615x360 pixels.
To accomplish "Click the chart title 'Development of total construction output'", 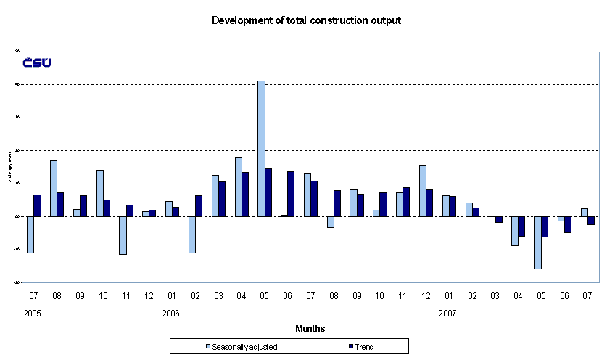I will pos(306,20).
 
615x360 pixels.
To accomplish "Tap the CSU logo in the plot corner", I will pos(37,63).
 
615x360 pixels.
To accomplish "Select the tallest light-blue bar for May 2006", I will pos(261,148).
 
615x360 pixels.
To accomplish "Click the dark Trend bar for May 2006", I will pos(268,192).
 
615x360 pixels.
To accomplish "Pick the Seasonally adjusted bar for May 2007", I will pos(538,242).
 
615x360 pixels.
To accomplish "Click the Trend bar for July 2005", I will pos(38,205).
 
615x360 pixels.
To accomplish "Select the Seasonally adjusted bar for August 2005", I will pos(54,188).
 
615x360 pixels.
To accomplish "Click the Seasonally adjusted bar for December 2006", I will pos(423,191).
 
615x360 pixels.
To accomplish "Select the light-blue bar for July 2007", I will pos(584,212).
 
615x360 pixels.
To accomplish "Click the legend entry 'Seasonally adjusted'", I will pos(242,347).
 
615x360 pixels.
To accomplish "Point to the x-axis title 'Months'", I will pos(310,329).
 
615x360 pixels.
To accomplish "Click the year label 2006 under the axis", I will pos(171,314).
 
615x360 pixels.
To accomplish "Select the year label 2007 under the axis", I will pos(447,314).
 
